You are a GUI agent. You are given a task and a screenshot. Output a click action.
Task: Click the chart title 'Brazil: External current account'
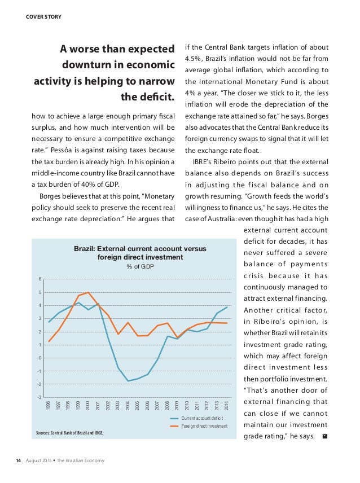141,248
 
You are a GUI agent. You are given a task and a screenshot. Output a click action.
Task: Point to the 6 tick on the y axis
40,279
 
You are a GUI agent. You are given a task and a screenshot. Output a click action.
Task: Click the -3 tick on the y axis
39,397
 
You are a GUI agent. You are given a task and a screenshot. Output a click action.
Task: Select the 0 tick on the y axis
40,358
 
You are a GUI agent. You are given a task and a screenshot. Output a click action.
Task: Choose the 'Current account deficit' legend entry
204,418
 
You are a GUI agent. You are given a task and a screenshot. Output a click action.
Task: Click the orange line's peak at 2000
89,292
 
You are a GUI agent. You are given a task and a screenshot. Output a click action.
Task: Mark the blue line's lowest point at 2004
128,381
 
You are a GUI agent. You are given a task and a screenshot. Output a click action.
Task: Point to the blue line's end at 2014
227,307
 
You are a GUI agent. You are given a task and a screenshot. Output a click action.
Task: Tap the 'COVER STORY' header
44,16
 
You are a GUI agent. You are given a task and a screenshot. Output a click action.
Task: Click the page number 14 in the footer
18,461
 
